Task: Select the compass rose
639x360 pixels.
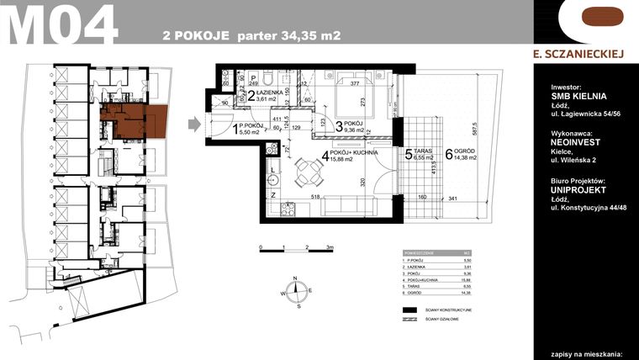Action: pos(295,292)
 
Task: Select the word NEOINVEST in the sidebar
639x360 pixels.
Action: pos(575,143)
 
